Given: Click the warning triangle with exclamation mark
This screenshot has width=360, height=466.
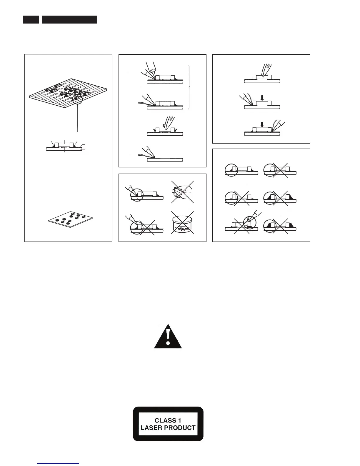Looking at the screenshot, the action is pyautogui.click(x=168, y=337).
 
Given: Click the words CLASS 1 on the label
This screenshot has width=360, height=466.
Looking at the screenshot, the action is pyautogui.click(x=168, y=421).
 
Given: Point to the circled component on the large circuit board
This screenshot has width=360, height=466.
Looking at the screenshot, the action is pyautogui.click(x=77, y=99).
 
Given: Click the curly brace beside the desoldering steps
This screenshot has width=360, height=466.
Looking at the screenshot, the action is pyautogui.click(x=189, y=87).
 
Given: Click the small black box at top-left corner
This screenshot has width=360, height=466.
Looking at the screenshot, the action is pyautogui.click(x=31, y=19).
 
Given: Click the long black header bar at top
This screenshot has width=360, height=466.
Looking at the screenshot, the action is pyautogui.click(x=69, y=19).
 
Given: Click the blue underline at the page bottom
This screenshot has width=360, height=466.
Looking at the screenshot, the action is pyautogui.click(x=59, y=464).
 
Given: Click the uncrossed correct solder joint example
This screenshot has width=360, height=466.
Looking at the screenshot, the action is pyautogui.click(x=231, y=170).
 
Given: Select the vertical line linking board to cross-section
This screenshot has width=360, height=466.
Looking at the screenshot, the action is pyautogui.click(x=77, y=119).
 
